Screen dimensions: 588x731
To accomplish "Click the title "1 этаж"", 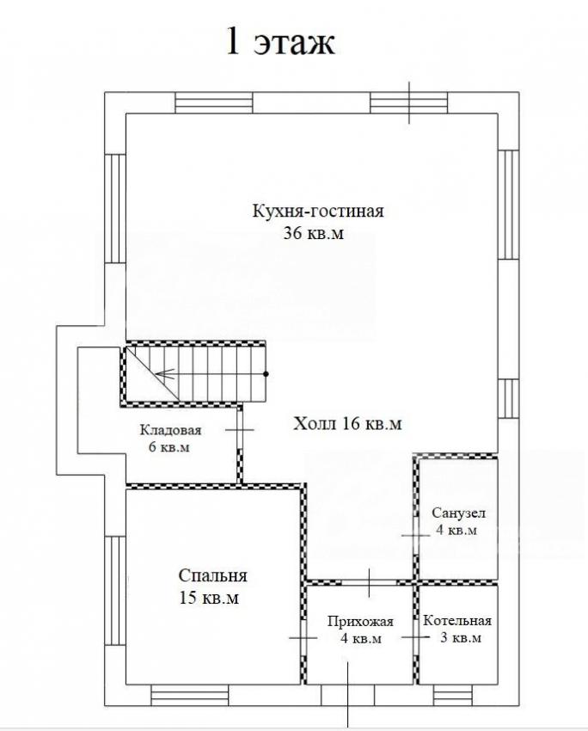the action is (x=280, y=41).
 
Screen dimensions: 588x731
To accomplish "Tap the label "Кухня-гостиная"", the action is (x=318, y=211).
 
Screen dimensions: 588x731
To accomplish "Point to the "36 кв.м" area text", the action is (x=314, y=233).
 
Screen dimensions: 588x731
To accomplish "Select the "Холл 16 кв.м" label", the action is (x=347, y=423).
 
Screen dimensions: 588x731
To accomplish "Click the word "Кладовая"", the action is (x=170, y=430).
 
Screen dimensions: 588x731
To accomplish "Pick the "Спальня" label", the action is (x=212, y=575).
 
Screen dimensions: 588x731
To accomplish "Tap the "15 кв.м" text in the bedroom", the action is (x=209, y=598).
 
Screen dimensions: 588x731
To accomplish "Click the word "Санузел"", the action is (x=458, y=513).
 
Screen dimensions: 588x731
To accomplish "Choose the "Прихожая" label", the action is (x=360, y=622).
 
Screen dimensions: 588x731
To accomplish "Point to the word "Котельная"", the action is (x=457, y=621).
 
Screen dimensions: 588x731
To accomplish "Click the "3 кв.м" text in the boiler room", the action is (x=461, y=637).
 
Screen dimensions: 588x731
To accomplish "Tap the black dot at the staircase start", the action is (x=266, y=374).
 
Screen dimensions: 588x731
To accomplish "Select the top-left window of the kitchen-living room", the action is (x=214, y=102).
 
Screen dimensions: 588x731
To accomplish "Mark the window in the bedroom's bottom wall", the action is (x=190, y=695).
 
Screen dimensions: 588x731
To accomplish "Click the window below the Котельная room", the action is (x=453, y=695).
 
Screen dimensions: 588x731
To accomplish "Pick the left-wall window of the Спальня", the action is (x=115, y=590).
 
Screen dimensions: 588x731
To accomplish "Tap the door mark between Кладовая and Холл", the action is (x=240, y=429).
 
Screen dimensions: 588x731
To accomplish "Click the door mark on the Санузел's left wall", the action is (x=415, y=535).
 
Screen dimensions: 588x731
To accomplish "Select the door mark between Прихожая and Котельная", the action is (x=415, y=637).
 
